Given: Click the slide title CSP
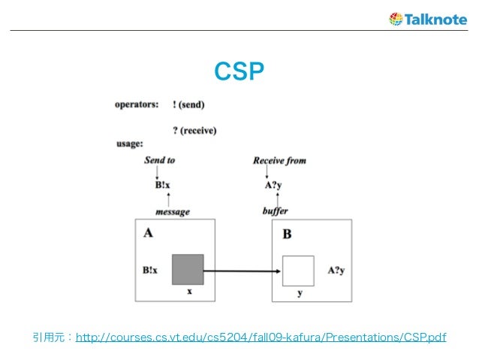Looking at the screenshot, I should [x=239, y=71].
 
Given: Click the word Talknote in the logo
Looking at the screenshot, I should [x=435, y=19].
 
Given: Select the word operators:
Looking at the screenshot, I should [x=136, y=104].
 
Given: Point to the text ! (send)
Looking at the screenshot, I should [x=188, y=104].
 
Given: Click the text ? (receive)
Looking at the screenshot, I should [x=194, y=130].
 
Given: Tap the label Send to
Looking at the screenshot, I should [x=159, y=160].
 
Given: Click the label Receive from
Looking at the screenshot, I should [x=279, y=160].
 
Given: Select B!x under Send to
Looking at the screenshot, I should [x=162, y=185].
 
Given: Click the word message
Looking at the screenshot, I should [x=172, y=211].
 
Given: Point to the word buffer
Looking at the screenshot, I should [x=275, y=211].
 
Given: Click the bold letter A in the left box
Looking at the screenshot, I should [x=148, y=233].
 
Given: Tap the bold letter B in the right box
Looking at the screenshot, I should [x=287, y=234].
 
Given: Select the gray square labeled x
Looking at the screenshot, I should [x=188, y=270].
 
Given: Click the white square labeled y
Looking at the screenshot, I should [x=297, y=271].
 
